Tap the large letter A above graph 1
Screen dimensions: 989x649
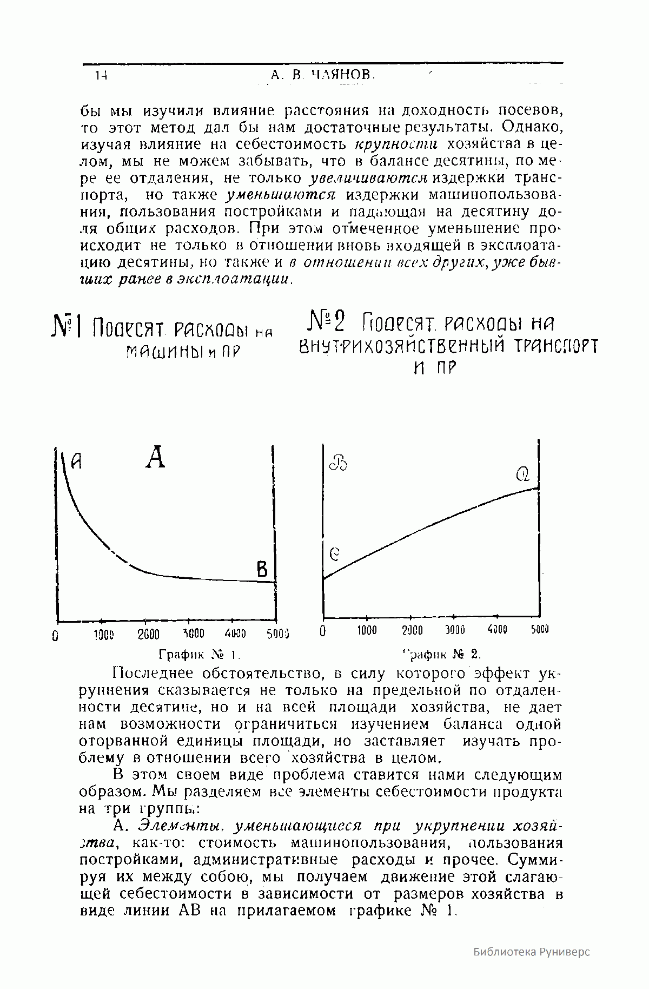[155, 457]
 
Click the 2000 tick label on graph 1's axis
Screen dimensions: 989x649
[148, 635]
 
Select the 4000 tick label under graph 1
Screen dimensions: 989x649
[235, 634]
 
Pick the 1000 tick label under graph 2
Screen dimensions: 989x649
[366, 631]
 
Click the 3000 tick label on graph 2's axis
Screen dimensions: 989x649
[454, 631]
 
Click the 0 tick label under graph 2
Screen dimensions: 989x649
[323, 631]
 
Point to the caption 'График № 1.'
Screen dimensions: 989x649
[198, 655]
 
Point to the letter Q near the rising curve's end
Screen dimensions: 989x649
[523, 475]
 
